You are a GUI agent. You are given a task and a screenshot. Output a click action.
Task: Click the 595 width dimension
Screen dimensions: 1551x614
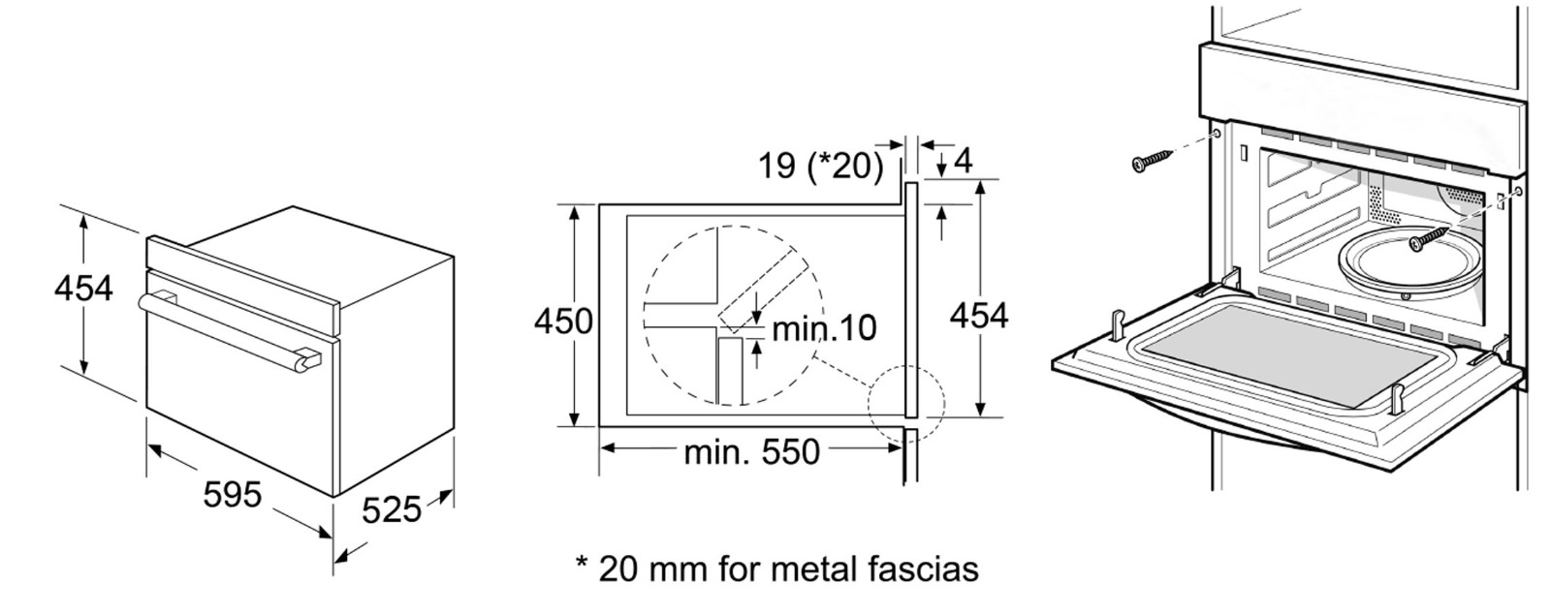(233, 494)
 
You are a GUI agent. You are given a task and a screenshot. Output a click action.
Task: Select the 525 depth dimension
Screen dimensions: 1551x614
(392, 510)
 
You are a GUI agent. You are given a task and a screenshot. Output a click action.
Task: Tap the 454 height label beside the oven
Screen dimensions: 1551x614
(83, 289)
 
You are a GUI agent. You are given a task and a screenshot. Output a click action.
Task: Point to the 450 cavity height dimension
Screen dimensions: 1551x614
(563, 322)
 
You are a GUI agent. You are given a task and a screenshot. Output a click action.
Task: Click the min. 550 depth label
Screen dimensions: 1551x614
(751, 452)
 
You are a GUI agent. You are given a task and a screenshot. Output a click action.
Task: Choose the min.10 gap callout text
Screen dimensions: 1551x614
(824, 328)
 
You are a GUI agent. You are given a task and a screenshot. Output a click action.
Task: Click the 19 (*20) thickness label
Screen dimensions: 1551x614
(821, 166)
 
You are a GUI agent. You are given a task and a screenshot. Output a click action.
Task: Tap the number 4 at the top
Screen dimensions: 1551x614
(964, 161)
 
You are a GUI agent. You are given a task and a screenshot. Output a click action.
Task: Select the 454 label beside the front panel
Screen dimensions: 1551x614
(978, 316)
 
